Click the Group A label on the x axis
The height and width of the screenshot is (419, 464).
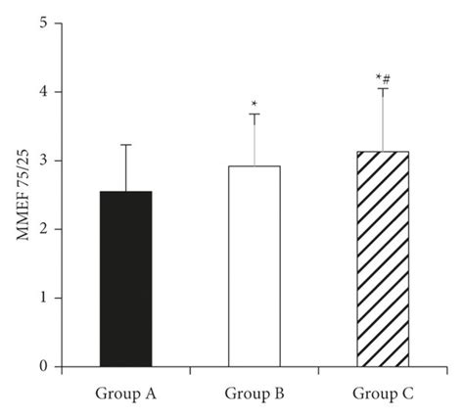tap(126, 396)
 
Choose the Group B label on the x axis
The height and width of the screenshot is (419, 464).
tap(254, 396)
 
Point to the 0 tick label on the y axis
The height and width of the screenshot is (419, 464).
tap(43, 367)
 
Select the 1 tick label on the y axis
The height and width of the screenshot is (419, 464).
tap(43, 299)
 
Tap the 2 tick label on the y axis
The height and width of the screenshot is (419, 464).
tap(43, 230)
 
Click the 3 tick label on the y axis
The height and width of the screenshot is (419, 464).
tap(43, 161)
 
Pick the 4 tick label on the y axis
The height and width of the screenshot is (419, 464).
tap(43, 92)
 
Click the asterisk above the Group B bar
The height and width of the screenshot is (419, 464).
tap(254, 104)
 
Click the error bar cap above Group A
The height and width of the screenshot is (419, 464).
tap(125, 145)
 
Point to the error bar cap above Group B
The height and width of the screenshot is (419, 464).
tap(254, 115)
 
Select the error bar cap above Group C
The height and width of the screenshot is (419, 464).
tap(382, 89)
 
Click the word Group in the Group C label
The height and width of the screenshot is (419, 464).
tap(373, 396)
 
